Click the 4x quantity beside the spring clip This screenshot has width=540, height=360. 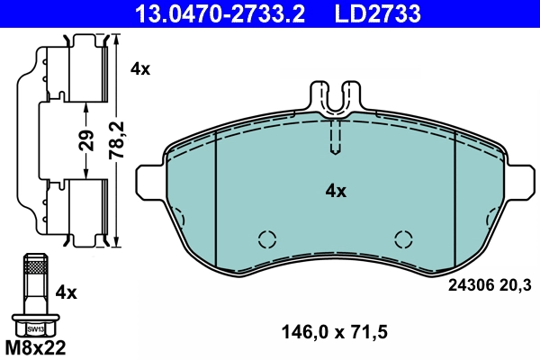pos(140,67)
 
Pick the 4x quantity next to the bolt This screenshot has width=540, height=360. pos(67,292)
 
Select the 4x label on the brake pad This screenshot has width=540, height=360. pos(336,191)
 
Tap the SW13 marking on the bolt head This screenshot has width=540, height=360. pos(34,328)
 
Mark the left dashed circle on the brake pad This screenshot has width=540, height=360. pos(266,238)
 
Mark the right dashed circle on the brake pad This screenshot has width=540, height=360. pos(404,238)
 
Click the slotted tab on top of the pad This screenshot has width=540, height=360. pos(335,97)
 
